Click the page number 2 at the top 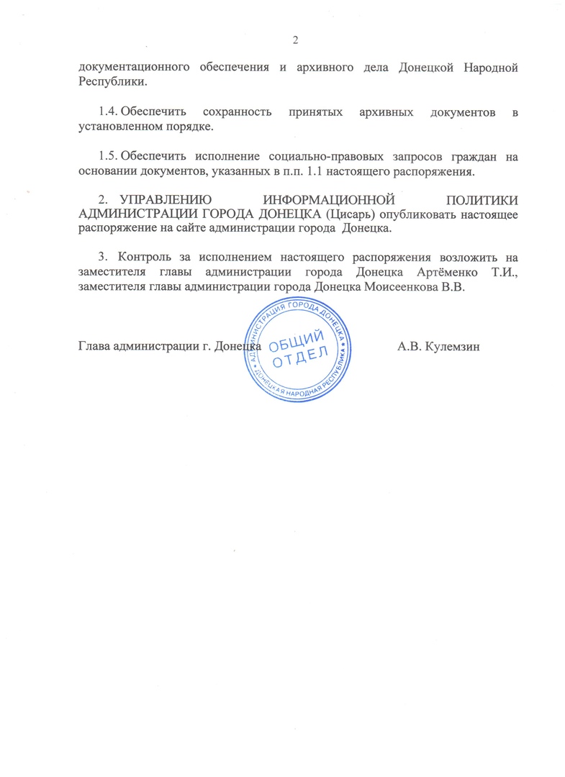(x=295, y=39)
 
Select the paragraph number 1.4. (x=108, y=114)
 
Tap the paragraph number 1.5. (x=108, y=156)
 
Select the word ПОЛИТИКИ (x=482, y=199)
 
